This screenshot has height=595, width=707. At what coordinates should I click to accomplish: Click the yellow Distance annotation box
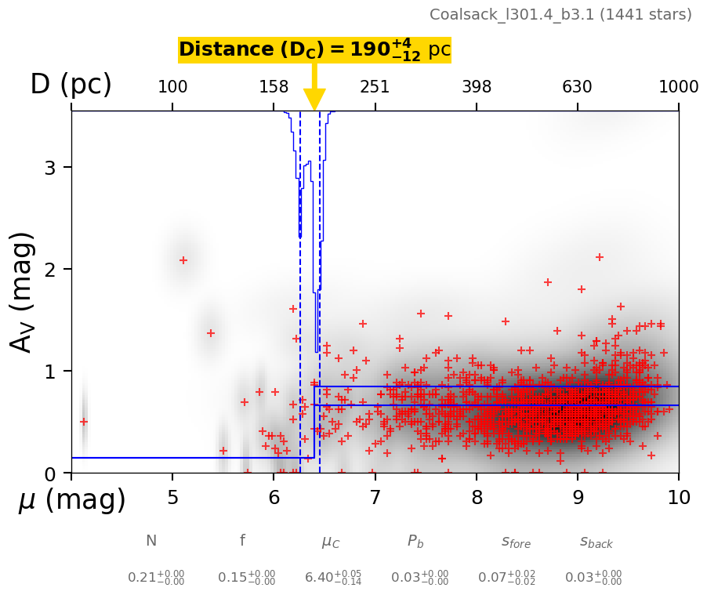tap(314, 50)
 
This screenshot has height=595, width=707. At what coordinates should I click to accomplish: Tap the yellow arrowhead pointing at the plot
tap(314, 100)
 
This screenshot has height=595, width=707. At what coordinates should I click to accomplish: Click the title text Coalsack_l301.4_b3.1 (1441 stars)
tap(560, 15)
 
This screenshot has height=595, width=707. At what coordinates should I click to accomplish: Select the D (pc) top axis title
tap(71, 85)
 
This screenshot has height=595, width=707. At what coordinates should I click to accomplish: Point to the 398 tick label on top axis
tap(477, 87)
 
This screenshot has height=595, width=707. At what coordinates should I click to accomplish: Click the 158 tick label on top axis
tap(274, 87)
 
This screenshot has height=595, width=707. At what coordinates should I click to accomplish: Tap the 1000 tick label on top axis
tap(678, 87)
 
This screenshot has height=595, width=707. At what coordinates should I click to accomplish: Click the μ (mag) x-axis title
tap(72, 499)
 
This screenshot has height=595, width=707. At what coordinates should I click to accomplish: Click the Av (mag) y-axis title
tap(23, 292)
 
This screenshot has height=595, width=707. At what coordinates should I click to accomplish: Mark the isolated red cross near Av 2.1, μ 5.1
tap(183, 260)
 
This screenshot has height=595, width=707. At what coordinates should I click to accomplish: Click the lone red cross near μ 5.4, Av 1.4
tap(210, 333)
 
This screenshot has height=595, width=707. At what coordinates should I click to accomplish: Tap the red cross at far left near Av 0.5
tap(84, 422)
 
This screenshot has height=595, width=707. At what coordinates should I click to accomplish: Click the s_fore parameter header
tap(516, 542)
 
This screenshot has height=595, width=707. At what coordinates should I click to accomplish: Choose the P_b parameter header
tap(416, 542)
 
